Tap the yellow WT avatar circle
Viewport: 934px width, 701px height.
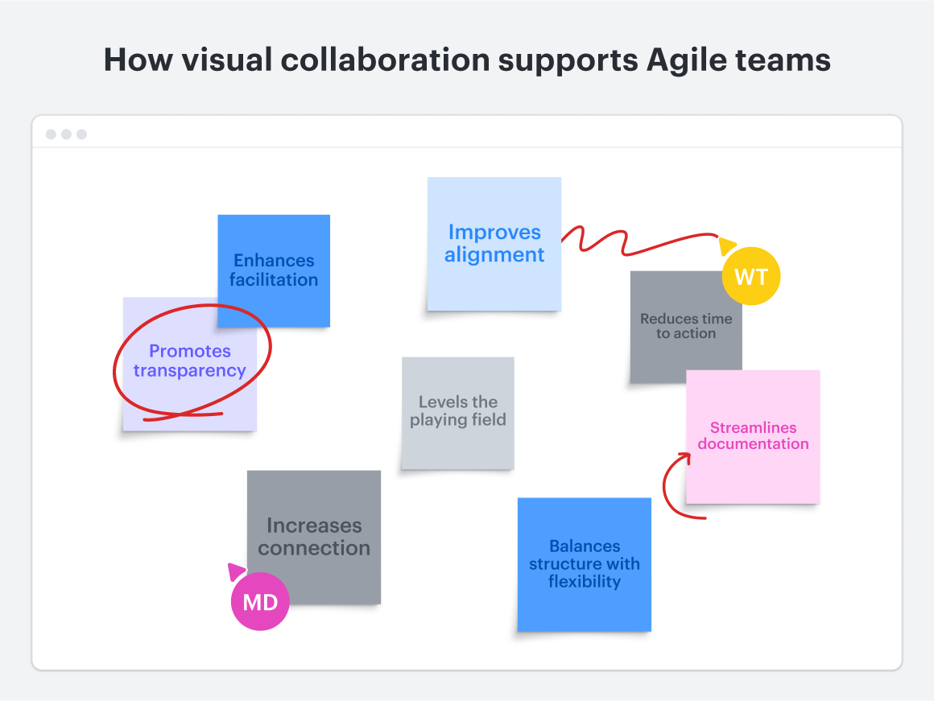coord(751,277)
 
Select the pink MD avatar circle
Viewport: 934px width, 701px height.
coord(260,601)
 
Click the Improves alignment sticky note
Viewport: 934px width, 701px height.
coord(494,244)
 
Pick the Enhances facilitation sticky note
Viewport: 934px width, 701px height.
coord(274,270)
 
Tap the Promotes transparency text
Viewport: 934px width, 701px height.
coord(189,361)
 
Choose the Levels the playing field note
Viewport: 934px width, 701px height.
coord(457,411)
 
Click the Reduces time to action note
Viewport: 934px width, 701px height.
coord(685,326)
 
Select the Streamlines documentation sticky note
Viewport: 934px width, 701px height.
coord(753,436)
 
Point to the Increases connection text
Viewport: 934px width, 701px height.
coord(314,537)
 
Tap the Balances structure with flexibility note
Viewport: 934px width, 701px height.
coord(584,563)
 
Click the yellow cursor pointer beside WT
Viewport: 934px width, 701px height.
coord(727,245)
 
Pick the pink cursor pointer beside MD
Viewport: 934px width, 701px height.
coord(236,571)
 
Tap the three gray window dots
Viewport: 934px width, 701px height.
coord(66,134)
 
